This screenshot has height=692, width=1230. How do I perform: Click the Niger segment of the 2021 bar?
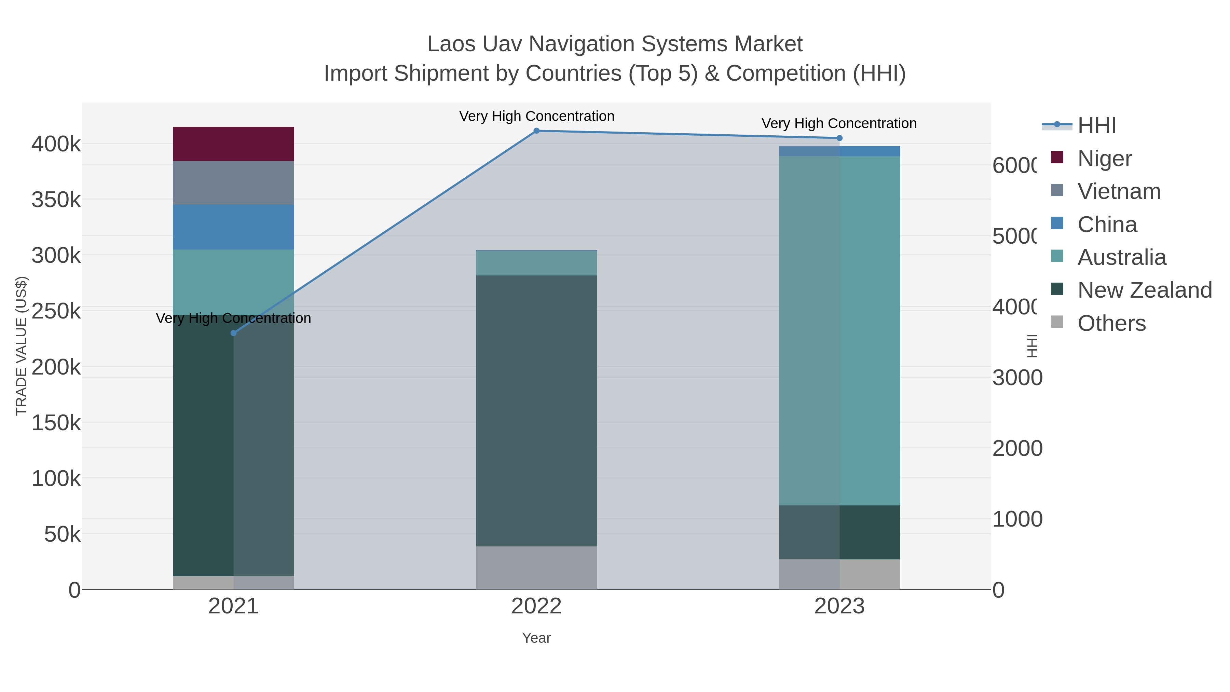[233, 144]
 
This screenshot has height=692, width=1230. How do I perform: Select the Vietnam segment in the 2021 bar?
[233, 183]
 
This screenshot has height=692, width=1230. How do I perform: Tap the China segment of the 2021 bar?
[233, 227]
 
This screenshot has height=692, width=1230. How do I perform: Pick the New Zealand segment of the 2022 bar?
[536, 411]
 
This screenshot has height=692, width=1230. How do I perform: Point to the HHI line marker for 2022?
[536, 131]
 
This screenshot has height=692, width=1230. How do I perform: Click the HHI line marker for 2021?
[233, 333]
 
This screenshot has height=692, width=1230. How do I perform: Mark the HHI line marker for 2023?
[839, 138]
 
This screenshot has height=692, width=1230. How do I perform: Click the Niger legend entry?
[1104, 159]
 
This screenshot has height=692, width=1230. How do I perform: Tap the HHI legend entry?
[1096, 126]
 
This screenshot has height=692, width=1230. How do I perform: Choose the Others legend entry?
[1111, 323]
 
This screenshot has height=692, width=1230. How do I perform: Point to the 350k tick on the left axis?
[56, 200]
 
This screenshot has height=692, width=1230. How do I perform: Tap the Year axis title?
[536, 638]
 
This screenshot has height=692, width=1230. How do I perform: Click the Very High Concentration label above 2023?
[839, 123]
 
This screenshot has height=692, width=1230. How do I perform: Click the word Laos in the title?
[451, 44]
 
